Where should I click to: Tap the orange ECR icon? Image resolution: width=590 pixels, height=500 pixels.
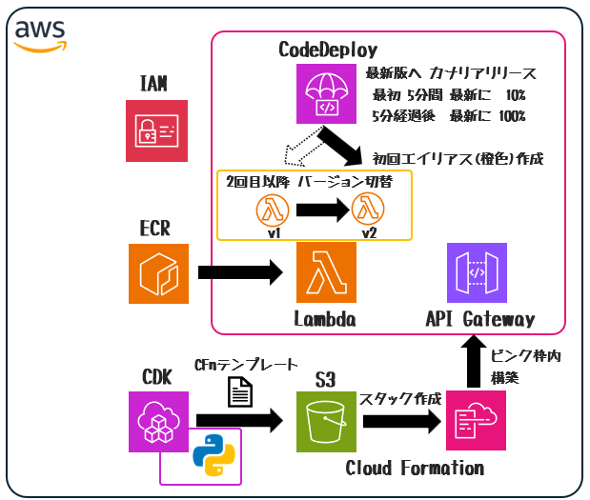click(158, 271)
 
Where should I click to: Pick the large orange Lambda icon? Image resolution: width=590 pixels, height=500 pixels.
click(326, 271)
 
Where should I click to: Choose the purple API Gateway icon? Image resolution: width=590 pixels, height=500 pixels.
click(477, 271)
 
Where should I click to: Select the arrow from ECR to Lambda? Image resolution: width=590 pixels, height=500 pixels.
click(242, 272)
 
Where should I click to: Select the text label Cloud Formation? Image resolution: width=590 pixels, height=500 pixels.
click(415, 468)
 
